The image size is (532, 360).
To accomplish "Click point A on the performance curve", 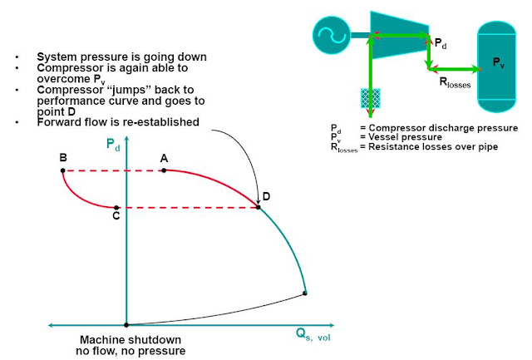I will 164,170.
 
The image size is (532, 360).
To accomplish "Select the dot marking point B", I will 62,170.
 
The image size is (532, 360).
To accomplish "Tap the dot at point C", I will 117,207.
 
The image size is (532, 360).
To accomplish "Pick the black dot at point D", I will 259,207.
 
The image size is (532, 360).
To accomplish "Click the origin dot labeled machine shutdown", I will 126,325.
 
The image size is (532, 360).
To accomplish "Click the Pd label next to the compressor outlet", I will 440,42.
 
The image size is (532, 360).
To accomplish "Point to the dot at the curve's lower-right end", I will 305,293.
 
